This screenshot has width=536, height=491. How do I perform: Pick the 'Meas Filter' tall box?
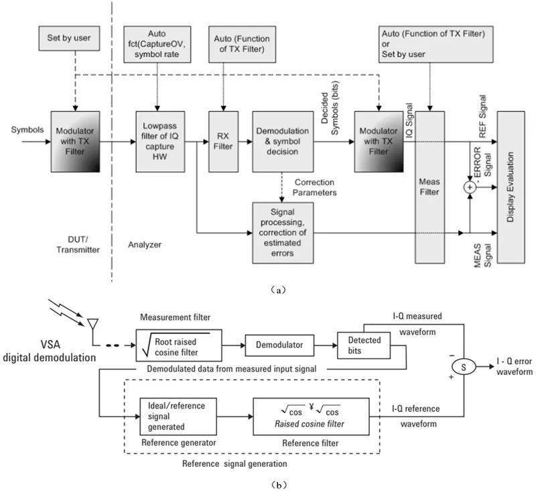click(429, 188)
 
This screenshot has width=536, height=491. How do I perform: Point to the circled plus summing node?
click(470, 188)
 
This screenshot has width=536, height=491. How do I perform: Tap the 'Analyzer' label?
click(145, 245)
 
